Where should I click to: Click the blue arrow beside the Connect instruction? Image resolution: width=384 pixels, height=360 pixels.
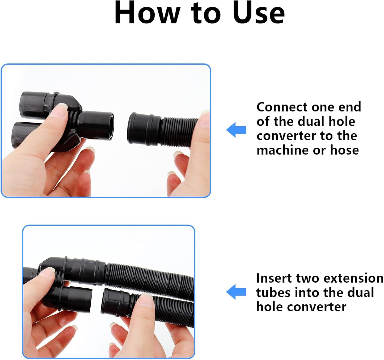(236, 130)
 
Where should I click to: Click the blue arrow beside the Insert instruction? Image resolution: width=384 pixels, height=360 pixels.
(236, 292)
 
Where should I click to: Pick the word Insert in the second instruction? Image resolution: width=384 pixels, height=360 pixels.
(274, 278)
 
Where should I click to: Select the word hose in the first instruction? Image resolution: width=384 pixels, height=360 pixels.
(344, 150)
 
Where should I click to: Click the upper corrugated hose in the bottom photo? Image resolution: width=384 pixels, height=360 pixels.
(149, 279)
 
